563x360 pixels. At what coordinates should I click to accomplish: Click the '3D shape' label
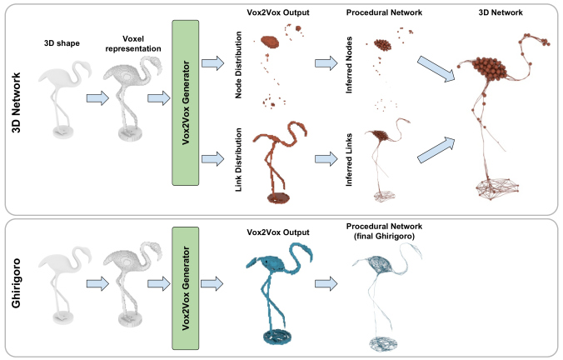click(62, 43)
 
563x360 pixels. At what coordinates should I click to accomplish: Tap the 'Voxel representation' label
click(133, 44)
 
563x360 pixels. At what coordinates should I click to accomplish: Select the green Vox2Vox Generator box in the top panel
click(185, 102)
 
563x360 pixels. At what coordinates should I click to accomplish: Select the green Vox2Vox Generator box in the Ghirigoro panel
click(185, 288)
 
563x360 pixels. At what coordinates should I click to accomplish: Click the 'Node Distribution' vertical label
click(238, 65)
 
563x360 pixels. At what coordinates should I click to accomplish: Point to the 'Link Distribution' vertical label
click(238, 159)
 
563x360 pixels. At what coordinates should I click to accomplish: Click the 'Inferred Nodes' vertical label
click(349, 65)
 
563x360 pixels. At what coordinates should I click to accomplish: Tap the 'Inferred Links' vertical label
click(349, 160)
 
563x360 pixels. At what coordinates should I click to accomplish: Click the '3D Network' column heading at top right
click(501, 12)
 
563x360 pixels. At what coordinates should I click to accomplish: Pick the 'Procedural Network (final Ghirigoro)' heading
click(384, 232)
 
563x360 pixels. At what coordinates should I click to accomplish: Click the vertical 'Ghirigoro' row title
click(16, 283)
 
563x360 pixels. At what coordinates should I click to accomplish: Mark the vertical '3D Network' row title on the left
click(17, 102)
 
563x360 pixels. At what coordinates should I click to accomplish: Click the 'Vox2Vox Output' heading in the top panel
click(278, 12)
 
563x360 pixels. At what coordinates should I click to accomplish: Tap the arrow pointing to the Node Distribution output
click(213, 63)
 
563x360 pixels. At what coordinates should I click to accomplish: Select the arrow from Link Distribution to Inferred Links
click(326, 159)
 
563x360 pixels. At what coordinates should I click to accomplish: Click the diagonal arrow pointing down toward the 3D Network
click(436, 69)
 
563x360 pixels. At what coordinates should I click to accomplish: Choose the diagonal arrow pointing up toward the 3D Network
click(436, 150)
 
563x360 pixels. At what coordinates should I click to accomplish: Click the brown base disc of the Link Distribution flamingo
click(278, 198)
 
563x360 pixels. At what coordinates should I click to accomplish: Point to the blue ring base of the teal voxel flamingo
click(277, 337)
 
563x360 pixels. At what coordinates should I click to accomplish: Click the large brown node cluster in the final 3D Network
click(490, 68)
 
